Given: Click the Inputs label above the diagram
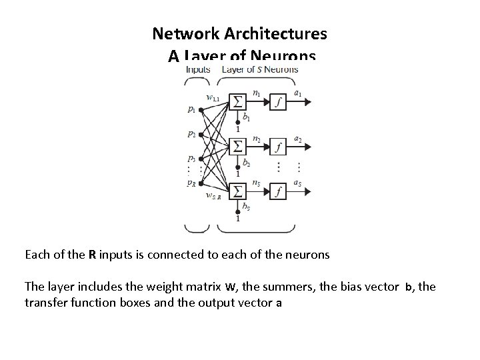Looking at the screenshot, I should [x=198, y=69].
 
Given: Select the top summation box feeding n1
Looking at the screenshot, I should [x=237, y=101].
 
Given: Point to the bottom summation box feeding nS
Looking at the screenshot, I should [x=237, y=192].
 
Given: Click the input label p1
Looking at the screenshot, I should [x=192, y=109].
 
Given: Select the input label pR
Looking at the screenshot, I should [x=192, y=182].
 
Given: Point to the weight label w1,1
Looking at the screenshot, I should [x=213, y=98].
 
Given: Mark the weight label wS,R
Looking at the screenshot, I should [x=213, y=196].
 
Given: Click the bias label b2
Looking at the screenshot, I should [x=247, y=162].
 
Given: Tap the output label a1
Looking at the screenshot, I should [x=298, y=93].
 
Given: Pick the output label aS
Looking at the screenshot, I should [x=298, y=183].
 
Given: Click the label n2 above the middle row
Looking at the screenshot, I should [x=257, y=139].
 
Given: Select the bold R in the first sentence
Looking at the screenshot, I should [x=91, y=255].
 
